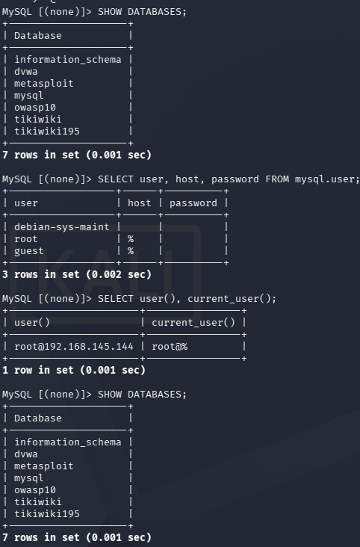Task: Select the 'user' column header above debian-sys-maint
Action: point(26,203)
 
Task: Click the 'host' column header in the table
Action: point(139,203)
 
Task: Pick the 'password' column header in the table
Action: point(193,203)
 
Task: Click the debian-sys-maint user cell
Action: point(62,227)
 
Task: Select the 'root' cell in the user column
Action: point(26,239)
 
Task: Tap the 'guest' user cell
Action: point(29,251)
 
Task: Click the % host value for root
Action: point(131,239)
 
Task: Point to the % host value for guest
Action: point(131,251)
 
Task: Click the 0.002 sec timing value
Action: point(119,274)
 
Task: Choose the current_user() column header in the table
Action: point(193,323)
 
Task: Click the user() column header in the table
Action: point(32,323)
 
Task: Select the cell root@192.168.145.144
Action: point(74,347)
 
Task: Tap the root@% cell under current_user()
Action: point(170,347)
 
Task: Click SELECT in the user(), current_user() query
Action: point(116,299)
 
